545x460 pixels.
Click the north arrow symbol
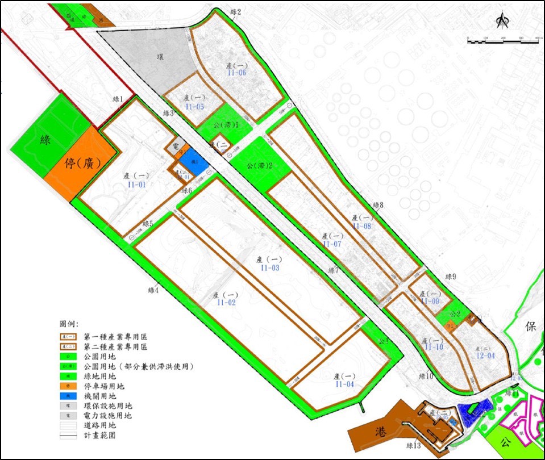[501, 21]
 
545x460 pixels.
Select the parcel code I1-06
[235, 73]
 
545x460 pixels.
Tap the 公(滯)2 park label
[260, 166]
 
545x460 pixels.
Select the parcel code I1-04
[345, 384]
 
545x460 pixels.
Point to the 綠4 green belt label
[153, 290]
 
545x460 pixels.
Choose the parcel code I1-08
[362, 226]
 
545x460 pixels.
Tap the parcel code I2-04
[486, 356]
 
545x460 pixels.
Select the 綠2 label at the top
[235, 12]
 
